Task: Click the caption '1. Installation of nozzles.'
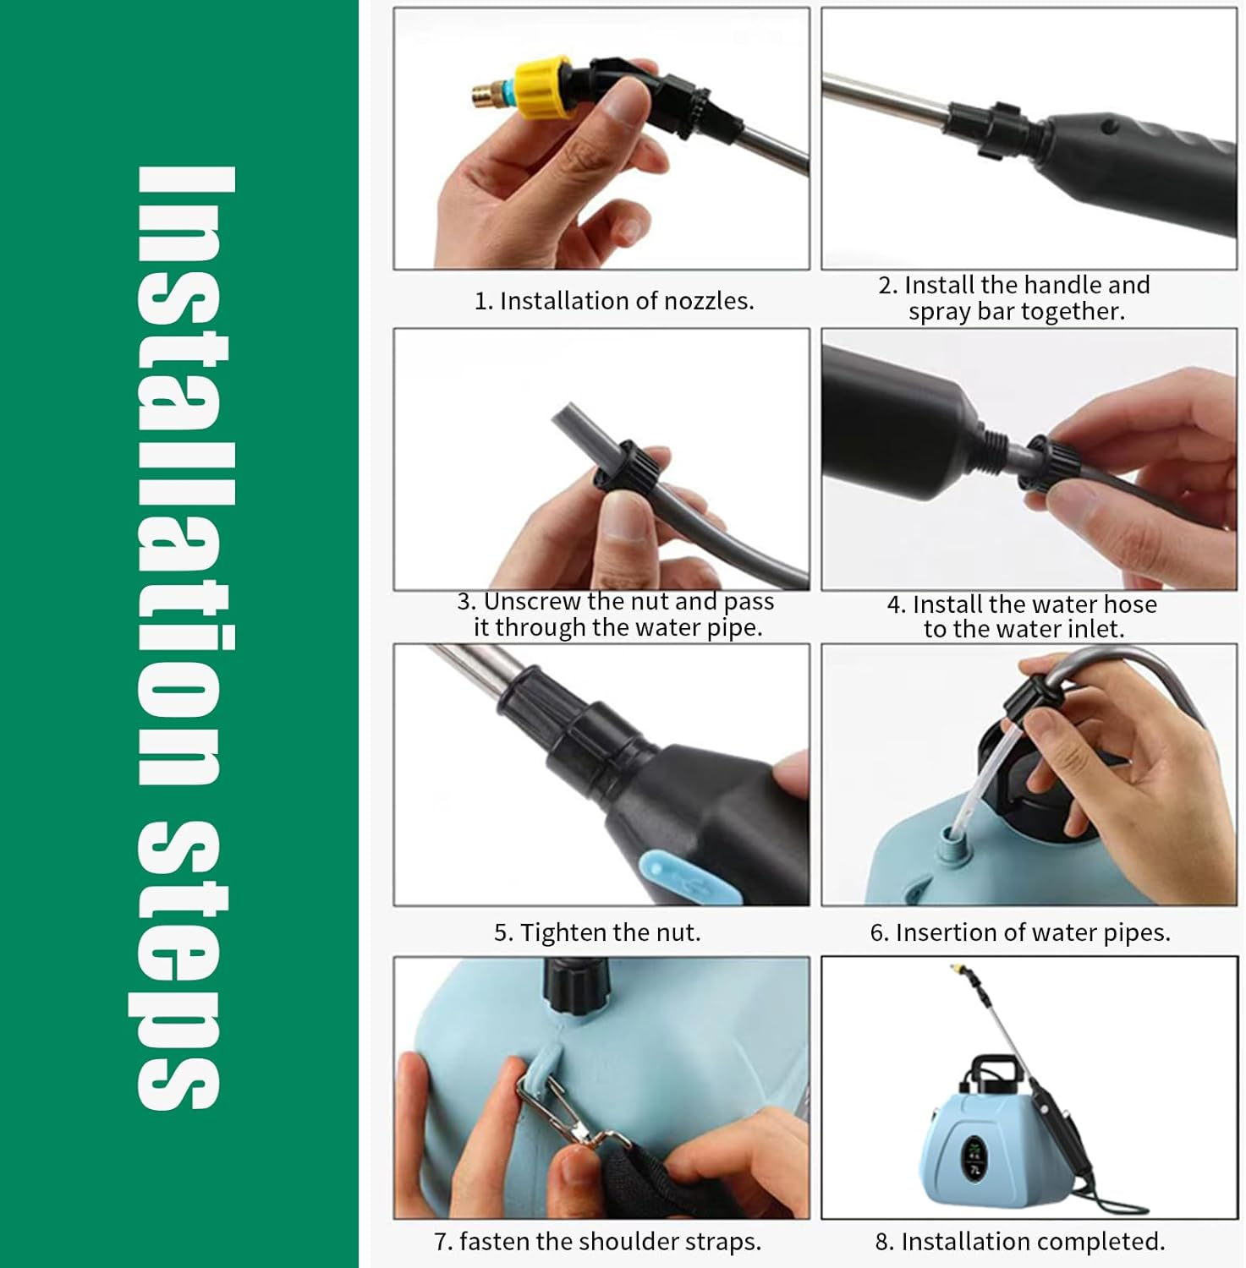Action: pyautogui.click(x=614, y=301)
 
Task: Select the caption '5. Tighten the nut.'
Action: pyautogui.click(x=597, y=932)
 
